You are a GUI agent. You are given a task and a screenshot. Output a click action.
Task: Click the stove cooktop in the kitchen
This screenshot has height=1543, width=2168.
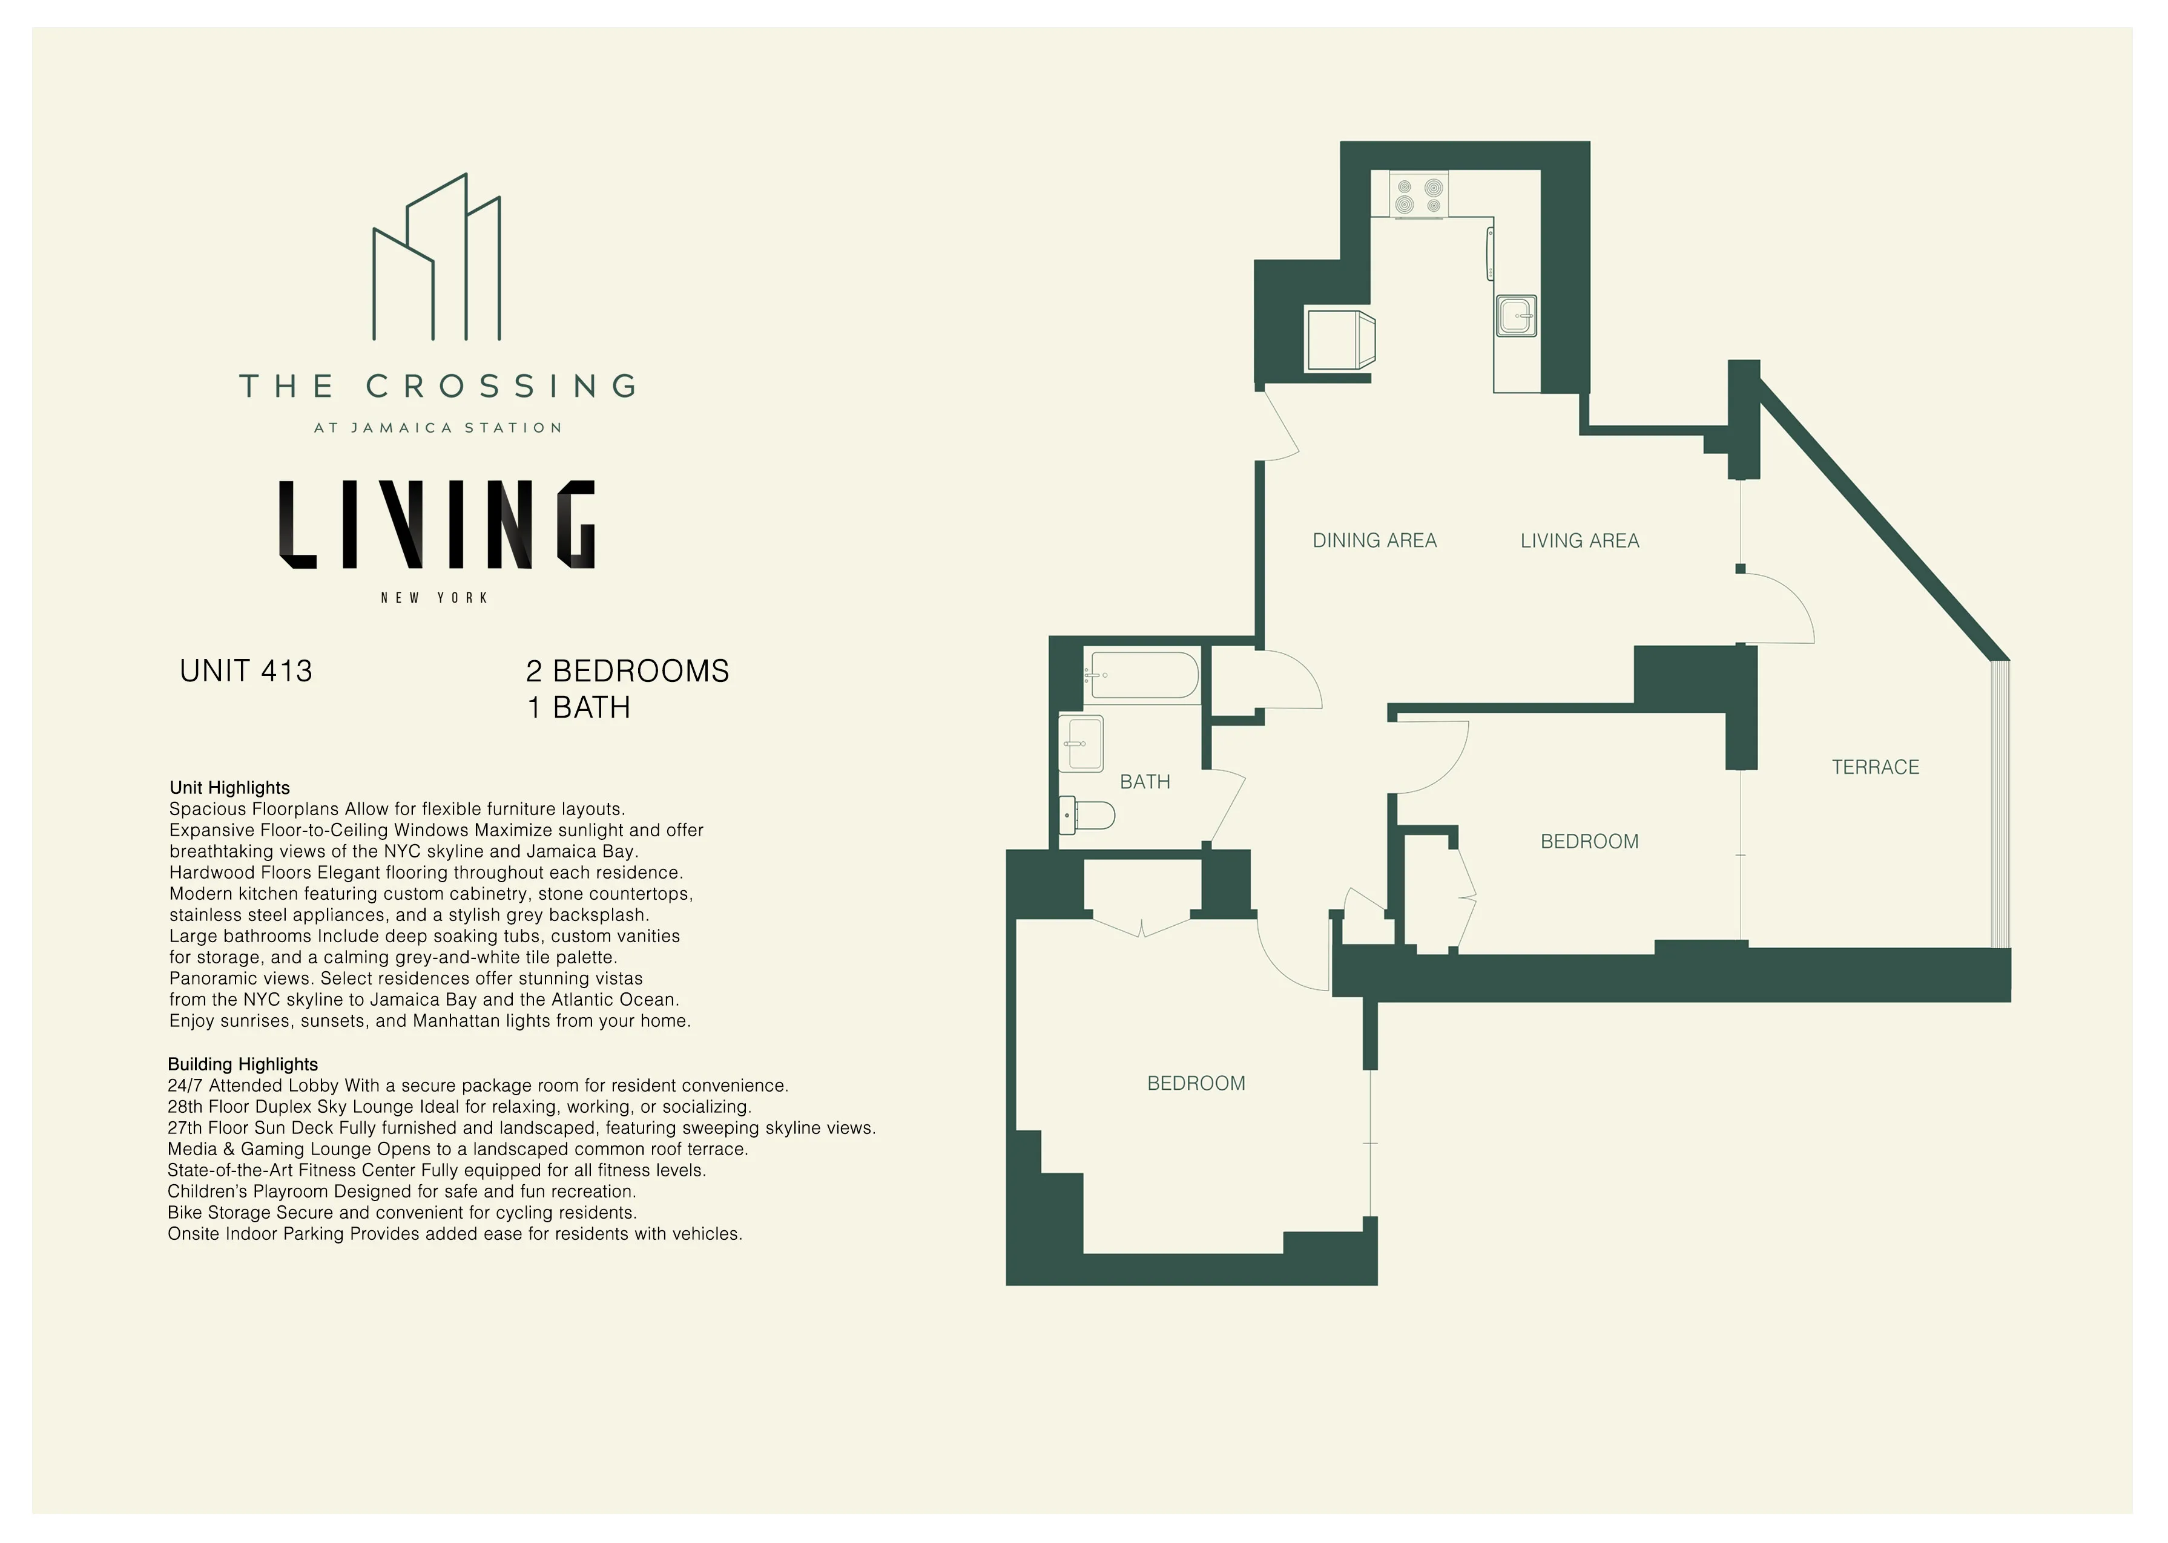tap(1418, 195)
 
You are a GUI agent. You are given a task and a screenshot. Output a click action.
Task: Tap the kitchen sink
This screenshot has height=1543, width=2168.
tap(1516, 315)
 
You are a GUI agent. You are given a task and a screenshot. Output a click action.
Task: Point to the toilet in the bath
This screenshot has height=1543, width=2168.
tap(1089, 814)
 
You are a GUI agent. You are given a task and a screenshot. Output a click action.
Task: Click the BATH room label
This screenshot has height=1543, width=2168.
tap(1144, 782)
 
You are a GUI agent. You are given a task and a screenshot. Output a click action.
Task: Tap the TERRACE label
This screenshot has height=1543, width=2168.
tap(1874, 767)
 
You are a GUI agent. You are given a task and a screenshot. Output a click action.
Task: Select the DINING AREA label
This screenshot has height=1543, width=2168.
tap(1374, 540)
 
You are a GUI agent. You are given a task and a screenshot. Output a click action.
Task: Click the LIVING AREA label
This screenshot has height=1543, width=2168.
tap(1579, 540)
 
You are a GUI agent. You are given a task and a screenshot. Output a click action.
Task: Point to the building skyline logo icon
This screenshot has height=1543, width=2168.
tap(437, 258)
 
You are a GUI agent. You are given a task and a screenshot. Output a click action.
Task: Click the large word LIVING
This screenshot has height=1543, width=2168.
tap(437, 525)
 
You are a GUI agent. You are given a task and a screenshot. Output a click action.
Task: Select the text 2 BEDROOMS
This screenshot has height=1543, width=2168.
tap(627, 671)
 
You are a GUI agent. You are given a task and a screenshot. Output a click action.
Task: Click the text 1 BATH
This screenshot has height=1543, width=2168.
tap(578, 708)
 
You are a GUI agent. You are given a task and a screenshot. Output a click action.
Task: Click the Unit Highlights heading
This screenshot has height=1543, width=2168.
tap(229, 788)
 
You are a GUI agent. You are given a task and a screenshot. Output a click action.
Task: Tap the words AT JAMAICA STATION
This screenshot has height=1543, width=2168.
tap(437, 428)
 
